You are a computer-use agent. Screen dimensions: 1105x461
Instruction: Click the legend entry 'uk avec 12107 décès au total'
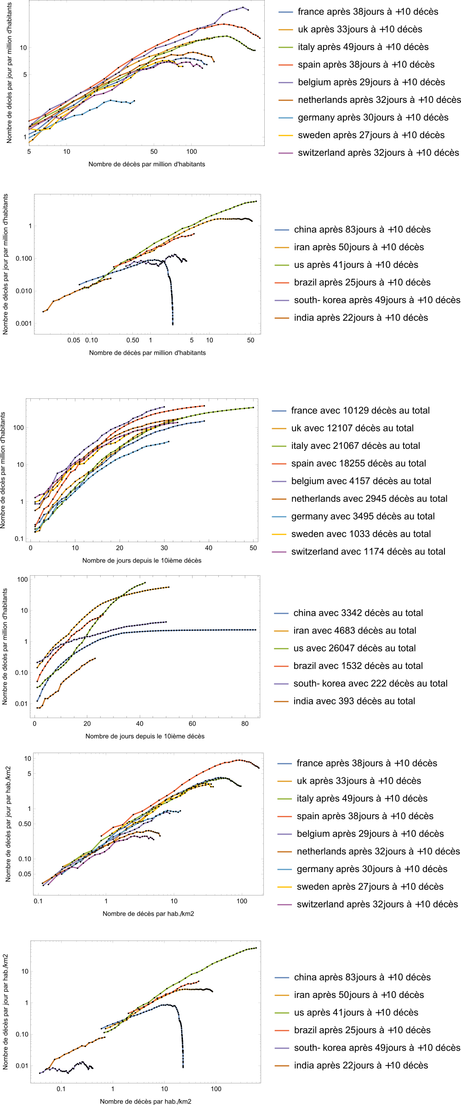[x=352, y=428]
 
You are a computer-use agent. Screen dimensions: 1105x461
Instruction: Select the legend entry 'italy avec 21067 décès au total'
[x=355, y=446]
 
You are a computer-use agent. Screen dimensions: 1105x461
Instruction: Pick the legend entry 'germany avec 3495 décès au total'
[x=363, y=516]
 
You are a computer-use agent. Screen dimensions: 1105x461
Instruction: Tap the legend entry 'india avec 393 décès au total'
[x=354, y=701]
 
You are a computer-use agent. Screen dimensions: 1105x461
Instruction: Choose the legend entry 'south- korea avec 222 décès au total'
[x=370, y=684]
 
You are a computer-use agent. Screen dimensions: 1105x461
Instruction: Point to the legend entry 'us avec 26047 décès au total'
[x=354, y=648]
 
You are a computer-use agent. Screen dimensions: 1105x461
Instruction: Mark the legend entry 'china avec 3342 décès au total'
[x=358, y=613]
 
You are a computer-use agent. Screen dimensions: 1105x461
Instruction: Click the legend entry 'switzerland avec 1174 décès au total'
[x=368, y=552]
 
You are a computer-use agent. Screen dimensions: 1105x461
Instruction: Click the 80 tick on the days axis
[x=245, y=724]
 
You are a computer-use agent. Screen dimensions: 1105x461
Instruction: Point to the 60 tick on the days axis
[x=192, y=724]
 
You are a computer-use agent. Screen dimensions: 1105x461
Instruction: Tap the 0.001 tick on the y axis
[x=23, y=323]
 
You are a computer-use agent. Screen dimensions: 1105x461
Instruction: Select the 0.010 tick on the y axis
[x=23, y=291]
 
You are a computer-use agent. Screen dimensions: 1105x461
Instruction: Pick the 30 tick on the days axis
[x=164, y=548]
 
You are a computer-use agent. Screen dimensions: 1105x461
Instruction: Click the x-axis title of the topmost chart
[x=147, y=164]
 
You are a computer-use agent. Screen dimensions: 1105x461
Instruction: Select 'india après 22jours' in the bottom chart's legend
[x=361, y=1065]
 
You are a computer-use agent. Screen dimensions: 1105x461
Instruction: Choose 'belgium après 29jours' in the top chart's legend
[x=371, y=82]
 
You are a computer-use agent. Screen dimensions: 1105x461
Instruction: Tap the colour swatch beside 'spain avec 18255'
[x=279, y=464]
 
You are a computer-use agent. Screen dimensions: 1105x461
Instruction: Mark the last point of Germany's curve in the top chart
[x=134, y=101]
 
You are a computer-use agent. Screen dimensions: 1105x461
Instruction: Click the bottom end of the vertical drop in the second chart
[x=173, y=324]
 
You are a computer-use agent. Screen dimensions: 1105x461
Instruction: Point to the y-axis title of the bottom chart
[x=6, y=1011]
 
